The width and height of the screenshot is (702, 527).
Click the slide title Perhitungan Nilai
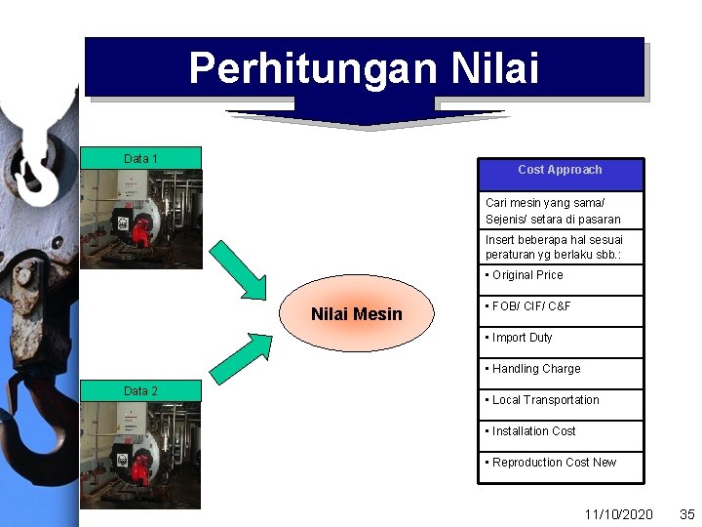point(364,68)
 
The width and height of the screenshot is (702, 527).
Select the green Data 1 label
point(140,158)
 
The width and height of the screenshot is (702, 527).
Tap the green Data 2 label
point(140,390)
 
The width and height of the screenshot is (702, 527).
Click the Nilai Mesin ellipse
point(356,313)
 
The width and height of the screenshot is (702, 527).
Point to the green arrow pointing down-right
point(239,268)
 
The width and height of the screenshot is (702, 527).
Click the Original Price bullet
point(527,275)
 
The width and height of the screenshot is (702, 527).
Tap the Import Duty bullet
point(522,338)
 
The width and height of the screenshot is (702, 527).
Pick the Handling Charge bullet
point(535,369)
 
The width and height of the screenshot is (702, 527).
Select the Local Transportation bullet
point(545,400)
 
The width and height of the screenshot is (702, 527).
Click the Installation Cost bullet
point(533,431)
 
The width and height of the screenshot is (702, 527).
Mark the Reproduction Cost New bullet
point(554,463)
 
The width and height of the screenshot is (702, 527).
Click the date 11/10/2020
point(618,513)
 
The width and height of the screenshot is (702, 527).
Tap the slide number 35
point(685,513)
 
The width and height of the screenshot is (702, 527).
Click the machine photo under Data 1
point(140,219)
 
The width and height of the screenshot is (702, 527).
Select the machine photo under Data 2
point(140,455)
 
